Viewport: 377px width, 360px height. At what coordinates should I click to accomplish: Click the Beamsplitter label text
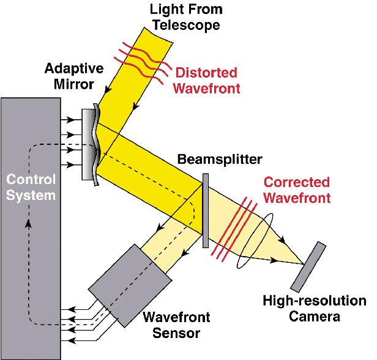pos(219,160)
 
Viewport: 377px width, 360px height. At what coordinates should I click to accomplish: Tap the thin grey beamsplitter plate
pos(206,211)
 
